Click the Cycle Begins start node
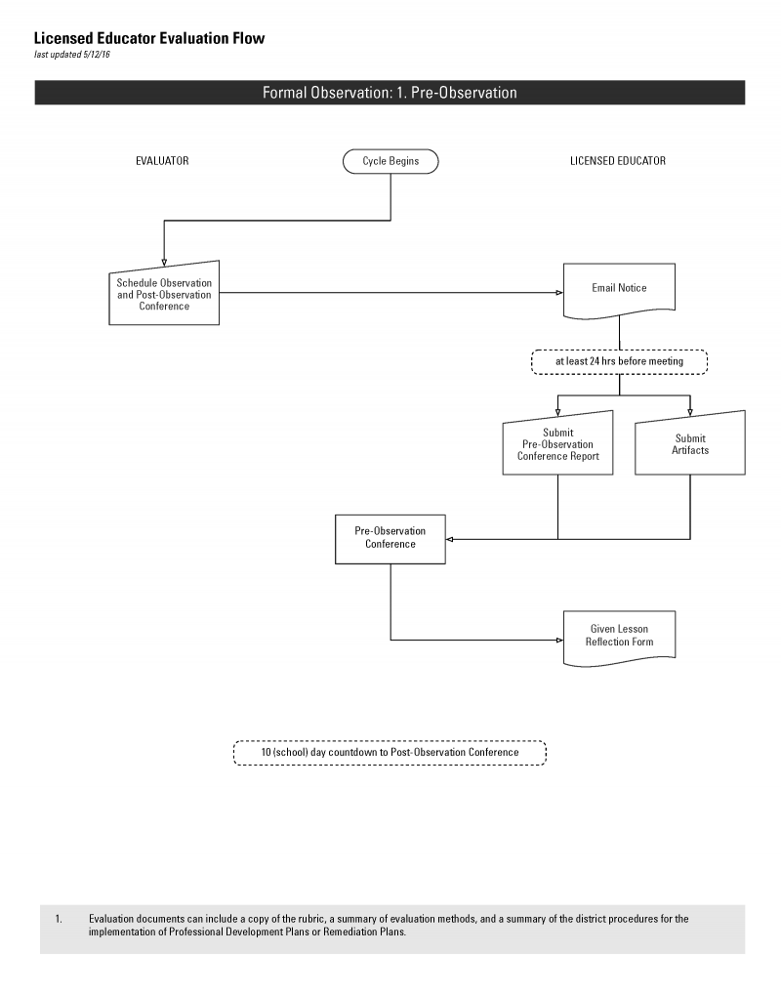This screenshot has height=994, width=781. coord(390,161)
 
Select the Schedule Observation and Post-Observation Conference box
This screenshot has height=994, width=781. coord(164,294)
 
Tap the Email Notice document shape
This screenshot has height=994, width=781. coord(619,290)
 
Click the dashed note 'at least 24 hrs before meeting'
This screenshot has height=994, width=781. coord(619,361)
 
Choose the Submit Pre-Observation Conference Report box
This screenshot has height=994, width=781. coord(557,443)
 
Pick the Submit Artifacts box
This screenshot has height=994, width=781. coord(690,443)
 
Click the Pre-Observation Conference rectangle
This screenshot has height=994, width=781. coord(390,539)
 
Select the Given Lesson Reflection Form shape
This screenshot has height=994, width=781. coord(619,638)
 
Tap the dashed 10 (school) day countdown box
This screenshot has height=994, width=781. coord(390,753)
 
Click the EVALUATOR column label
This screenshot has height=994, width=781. coord(162,161)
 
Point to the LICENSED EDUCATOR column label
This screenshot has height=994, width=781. coord(618,161)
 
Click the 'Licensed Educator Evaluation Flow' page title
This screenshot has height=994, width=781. coord(149,39)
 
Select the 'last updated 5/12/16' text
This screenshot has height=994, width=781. coord(72,55)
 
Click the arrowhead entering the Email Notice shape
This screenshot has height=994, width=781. coord(559,293)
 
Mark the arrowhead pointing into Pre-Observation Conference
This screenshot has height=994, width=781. coord(449,539)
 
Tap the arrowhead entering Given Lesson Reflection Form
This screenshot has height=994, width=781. coord(559,641)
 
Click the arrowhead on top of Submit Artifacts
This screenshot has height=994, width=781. coord(690,413)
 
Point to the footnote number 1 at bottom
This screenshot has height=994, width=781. coord(59,919)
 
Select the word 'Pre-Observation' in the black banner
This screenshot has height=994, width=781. coord(464,93)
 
